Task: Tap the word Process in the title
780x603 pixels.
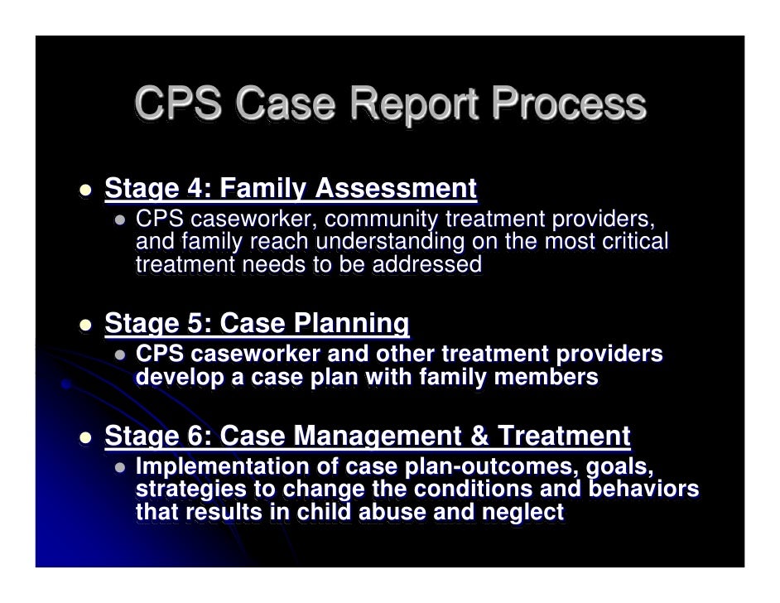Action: [568, 106]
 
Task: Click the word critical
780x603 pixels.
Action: [628, 243]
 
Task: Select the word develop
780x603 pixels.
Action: [176, 378]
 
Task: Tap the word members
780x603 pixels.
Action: [553, 378]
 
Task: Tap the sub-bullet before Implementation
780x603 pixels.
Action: [120, 468]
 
